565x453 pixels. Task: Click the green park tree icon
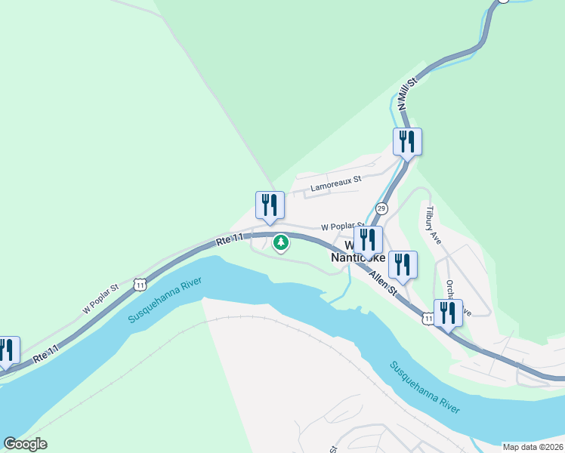(x=281, y=243)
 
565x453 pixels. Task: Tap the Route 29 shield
(x=381, y=208)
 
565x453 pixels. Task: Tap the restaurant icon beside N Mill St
(x=407, y=142)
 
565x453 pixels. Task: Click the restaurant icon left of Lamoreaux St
(x=270, y=205)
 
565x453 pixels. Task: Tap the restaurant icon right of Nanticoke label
(x=403, y=265)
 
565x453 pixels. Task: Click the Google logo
(x=25, y=444)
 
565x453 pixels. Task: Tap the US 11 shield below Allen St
(x=428, y=320)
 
